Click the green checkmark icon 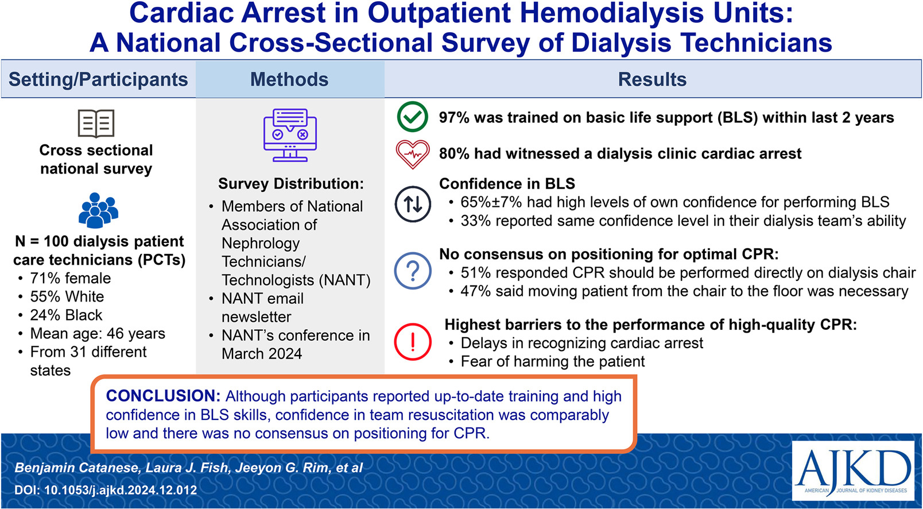pyautogui.click(x=413, y=117)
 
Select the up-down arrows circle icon pyautogui.click(x=413, y=204)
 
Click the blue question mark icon pyautogui.click(x=413, y=271)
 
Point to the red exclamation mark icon pyautogui.click(x=413, y=342)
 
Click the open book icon pyautogui.click(x=96, y=124)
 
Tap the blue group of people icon pyautogui.click(x=98, y=210)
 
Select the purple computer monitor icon pyautogui.click(x=290, y=135)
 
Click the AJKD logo pyautogui.click(x=853, y=471)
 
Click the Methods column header pyautogui.click(x=289, y=79)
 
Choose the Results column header pyautogui.click(x=652, y=79)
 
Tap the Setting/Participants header pyautogui.click(x=98, y=79)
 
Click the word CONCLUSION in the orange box pyautogui.click(x=163, y=396)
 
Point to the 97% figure pyautogui.click(x=454, y=118)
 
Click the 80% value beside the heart pyautogui.click(x=454, y=153)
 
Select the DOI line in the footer pyautogui.click(x=106, y=490)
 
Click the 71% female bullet pyautogui.click(x=70, y=278)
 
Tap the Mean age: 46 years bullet pyautogui.click(x=97, y=333)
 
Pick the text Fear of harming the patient pyautogui.click(x=553, y=361)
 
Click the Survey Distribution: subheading pyautogui.click(x=291, y=184)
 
